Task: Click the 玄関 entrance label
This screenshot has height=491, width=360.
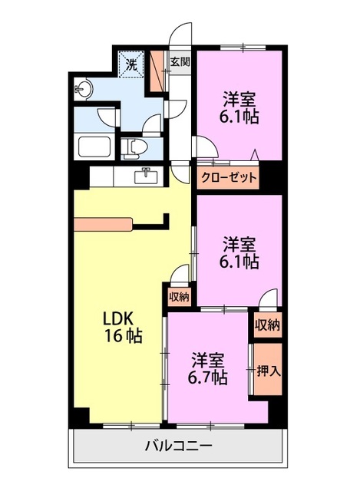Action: pos(180,61)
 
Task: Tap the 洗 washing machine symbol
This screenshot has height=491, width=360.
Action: pos(132,64)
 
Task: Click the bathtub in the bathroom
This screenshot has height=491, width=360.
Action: pos(94,147)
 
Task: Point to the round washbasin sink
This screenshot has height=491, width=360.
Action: pos(83,89)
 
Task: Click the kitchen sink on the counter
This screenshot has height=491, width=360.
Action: pos(146,176)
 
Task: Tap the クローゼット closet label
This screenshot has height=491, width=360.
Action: pos(229,178)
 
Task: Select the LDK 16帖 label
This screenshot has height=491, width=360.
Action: pos(123,327)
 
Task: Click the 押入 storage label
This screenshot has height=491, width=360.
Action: pos(268,371)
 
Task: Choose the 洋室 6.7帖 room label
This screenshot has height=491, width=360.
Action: pos(207,368)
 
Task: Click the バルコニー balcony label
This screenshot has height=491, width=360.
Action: pos(178,445)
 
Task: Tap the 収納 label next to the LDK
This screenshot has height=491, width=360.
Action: pos(179,297)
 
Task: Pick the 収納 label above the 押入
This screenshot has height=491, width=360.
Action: pos(267,325)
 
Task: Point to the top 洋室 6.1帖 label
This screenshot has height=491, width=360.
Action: pos(239,107)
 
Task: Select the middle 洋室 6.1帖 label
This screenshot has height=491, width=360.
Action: pos(239,252)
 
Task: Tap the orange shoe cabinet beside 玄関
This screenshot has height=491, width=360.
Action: pos(157,71)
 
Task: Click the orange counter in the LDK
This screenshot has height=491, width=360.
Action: pos(103,225)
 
